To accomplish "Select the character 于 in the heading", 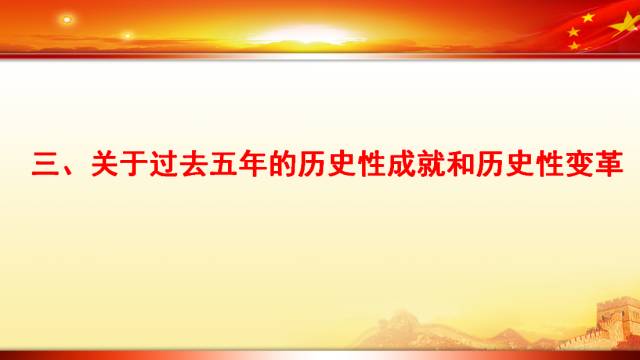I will (136, 163).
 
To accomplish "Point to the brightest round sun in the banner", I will (67, 19).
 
